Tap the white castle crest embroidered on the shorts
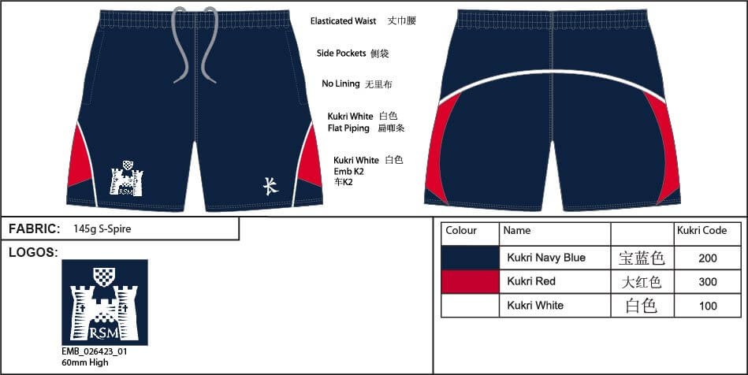coord(126,178)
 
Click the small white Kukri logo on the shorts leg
coord(271,186)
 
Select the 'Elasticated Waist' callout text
coord(343,21)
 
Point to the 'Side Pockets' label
coord(341,53)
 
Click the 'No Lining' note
coord(341,84)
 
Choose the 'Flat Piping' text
coord(348,128)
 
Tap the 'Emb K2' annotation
coord(348,171)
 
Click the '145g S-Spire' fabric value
coord(102,228)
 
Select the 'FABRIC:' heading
coord(35,228)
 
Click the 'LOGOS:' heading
coord(33,252)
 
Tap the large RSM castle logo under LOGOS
coord(105,302)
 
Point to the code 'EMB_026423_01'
coord(95,351)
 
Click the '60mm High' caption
coord(85,362)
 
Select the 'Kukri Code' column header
coord(701,230)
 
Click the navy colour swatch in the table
coord(470,258)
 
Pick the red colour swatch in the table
coord(470,281)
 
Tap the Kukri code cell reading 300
coord(708,281)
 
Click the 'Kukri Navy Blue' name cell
coord(546,258)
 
